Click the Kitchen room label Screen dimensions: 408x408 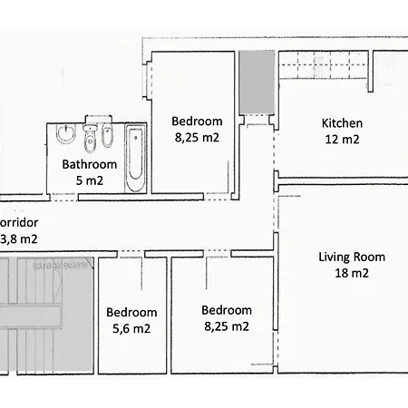[x=342, y=123]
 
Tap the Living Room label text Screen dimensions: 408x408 [x=353, y=257]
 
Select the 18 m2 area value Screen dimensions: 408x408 [x=353, y=273]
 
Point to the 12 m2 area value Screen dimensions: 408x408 [x=342, y=140]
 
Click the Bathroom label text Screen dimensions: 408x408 [x=89, y=164]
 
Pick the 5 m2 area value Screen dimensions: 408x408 [x=89, y=180]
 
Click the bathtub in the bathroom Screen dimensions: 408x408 [x=135, y=159]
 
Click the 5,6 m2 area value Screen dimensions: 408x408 [x=131, y=328]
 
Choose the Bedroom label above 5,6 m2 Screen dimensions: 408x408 [x=131, y=312]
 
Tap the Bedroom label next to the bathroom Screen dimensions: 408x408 [x=197, y=122]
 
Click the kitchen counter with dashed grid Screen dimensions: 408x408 [x=323, y=68]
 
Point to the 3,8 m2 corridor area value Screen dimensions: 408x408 [x=18, y=239]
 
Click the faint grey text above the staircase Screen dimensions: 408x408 [x=61, y=267]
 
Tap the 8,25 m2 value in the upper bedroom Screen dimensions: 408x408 [x=197, y=139]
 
